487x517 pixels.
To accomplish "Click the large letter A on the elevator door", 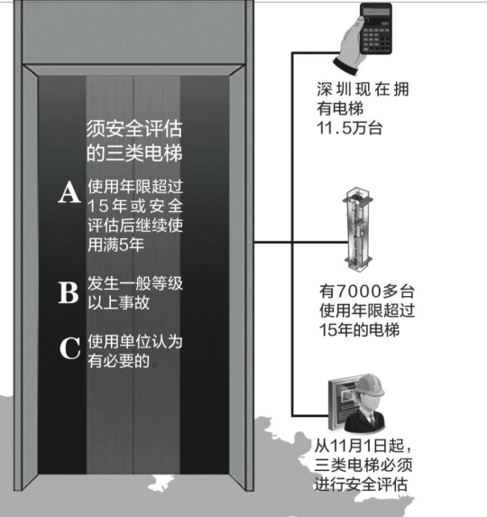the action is (69, 192).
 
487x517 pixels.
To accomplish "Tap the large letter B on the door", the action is (69, 292).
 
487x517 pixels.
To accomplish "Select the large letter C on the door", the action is (69, 348).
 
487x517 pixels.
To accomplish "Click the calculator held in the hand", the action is (376, 28).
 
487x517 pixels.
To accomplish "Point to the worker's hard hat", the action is (371, 385).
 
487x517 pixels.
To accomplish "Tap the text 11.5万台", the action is (350, 128).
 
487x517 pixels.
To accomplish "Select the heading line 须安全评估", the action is (134, 129).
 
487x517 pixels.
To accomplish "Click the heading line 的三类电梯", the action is (134, 153).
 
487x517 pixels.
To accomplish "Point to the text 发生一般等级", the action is (135, 283).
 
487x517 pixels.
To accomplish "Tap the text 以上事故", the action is (119, 302).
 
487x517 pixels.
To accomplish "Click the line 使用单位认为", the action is (135, 342).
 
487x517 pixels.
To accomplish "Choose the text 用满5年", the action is (116, 245).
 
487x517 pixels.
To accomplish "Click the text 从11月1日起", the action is (363, 446).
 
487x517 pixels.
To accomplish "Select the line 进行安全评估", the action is (361, 485).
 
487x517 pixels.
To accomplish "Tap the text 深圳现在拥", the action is (363, 89).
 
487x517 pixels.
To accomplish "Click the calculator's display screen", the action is (376, 11).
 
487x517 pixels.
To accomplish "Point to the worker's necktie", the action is (372, 418).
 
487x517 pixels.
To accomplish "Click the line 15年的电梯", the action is (360, 330).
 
